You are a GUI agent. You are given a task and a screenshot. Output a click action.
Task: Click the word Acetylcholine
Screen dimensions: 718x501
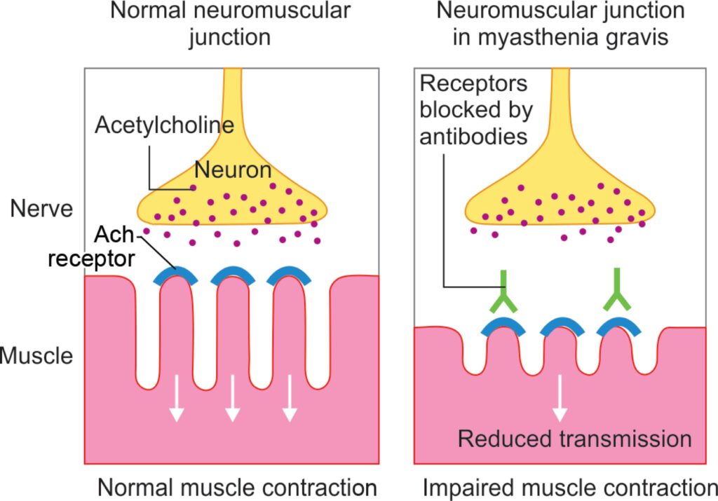pyautogui.click(x=164, y=125)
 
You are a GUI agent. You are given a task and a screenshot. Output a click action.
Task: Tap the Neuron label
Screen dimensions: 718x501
pyautogui.click(x=233, y=170)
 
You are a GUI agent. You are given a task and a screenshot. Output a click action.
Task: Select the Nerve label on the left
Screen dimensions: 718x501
pyautogui.click(x=41, y=209)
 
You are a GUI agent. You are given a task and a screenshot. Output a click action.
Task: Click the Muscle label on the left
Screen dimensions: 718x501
pyautogui.click(x=36, y=355)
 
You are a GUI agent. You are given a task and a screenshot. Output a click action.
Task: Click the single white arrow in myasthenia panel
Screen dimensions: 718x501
pyautogui.click(x=560, y=397)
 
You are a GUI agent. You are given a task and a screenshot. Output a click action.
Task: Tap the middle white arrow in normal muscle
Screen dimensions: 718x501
pyautogui.click(x=233, y=397)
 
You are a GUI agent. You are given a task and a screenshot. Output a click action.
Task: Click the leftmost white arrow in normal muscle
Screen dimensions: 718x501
pyautogui.click(x=176, y=397)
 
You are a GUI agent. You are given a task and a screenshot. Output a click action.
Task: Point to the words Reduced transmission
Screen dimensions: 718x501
pyautogui.click(x=575, y=439)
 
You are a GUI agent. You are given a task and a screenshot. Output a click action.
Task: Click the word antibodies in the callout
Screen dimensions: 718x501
pyautogui.click(x=473, y=137)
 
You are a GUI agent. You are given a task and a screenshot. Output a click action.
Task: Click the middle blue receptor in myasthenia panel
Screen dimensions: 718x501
pyautogui.click(x=562, y=326)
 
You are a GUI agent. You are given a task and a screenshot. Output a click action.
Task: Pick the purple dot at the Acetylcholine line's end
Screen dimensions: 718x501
pyautogui.click(x=194, y=188)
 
